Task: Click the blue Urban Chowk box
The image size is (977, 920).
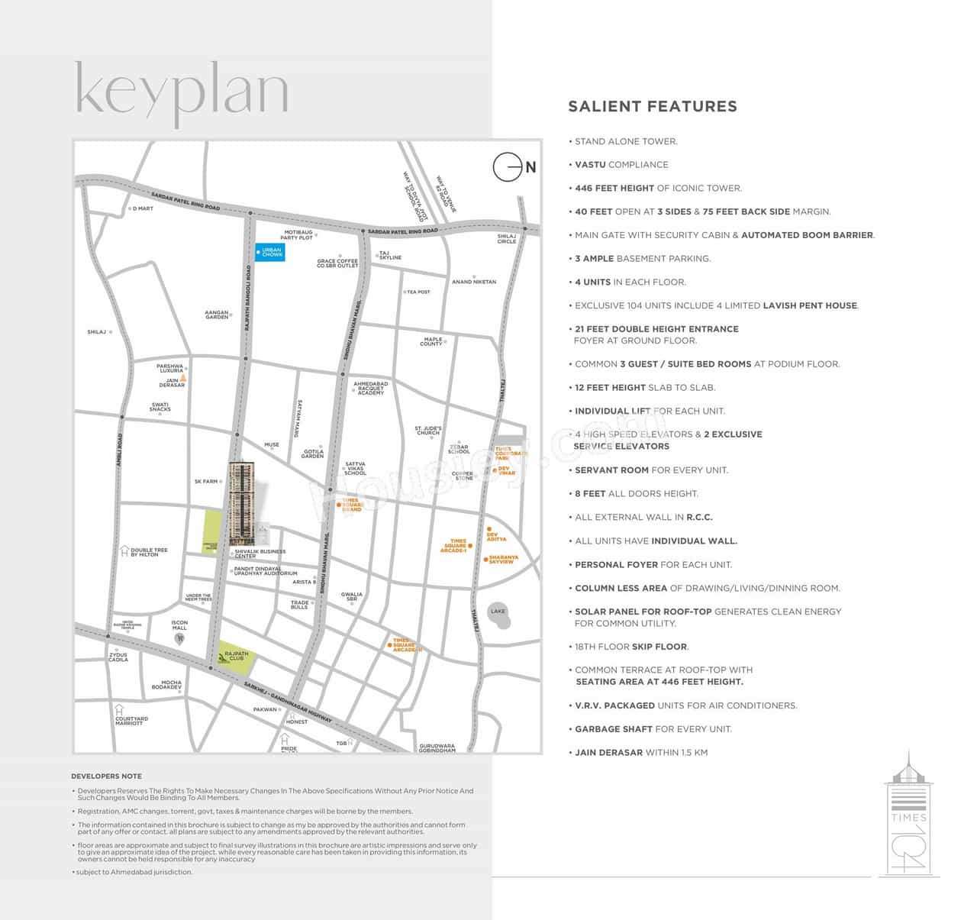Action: [270, 253]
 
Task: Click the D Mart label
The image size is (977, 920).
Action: [143, 208]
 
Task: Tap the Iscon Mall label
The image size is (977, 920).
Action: [179, 625]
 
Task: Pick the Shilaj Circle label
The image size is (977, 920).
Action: [507, 239]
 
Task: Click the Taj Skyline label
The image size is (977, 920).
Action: [390, 255]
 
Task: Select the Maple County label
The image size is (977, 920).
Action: [432, 341]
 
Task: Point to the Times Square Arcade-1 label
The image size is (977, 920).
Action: [455, 545]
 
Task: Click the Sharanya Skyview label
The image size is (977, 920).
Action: [503, 560]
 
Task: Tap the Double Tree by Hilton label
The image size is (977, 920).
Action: [149, 552]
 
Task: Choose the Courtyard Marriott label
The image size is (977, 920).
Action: [131, 721]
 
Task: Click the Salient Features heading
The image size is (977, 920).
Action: [653, 107]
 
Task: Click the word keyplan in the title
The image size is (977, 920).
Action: [182, 92]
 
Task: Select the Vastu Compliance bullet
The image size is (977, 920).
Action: [621, 165]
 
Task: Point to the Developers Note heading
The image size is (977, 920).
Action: [106, 776]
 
